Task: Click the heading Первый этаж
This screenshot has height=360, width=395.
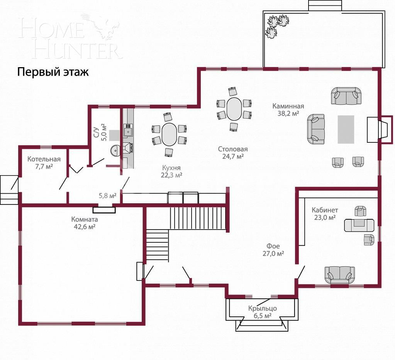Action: click(53, 72)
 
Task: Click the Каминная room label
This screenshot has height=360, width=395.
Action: click(288, 106)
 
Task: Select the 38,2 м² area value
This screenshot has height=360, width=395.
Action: click(288, 113)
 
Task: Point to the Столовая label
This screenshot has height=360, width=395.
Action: click(232, 149)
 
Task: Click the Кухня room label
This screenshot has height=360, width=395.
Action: click(171, 168)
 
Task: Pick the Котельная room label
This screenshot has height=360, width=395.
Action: click(44, 159)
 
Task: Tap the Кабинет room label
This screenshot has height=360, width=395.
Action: click(325, 210)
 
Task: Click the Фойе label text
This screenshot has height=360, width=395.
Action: click(273, 246)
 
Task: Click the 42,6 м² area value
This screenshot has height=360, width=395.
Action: click(85, 227)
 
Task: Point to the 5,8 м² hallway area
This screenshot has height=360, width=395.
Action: click(107, 196)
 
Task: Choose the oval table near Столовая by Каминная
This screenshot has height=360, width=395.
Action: click(234, 109)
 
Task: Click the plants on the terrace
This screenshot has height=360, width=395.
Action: click(276, 25)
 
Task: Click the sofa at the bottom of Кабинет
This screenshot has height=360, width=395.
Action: click(339, 275)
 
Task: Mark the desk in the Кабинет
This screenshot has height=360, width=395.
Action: click(359, 225)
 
